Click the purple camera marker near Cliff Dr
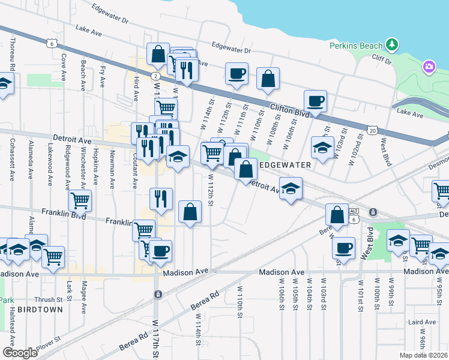tap(429, 66)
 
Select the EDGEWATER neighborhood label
tap(285, 164)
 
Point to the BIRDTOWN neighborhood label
tap(38, 310)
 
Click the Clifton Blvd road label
tap(290, 111)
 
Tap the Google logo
tap(20, 353)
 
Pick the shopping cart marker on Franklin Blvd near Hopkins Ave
tap(80, 202)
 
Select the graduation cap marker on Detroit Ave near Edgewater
tap(291, 190)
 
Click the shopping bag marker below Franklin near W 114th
tap(190, 212)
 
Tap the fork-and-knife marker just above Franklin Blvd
tap(161, 199)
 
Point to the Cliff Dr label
tap(381, 59)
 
